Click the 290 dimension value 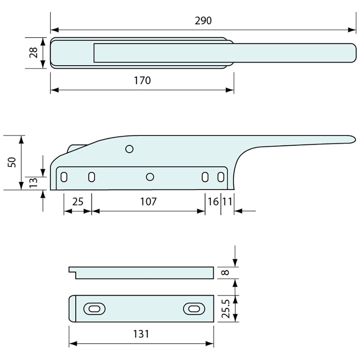click(x=203, y=21)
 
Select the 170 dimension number click(x=142, y=80)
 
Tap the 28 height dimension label click(x=34, y=52)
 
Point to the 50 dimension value click(x=12, y=162)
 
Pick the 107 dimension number click(x=149, y=202)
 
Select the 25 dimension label click(x=78, y=202)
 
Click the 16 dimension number click(x=213, y=202)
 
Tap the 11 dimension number click(x=227, y=202)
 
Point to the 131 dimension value click(x=141, y=334)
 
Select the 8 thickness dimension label click(x=226, y=273)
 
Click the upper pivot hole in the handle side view click(x=130, y=149)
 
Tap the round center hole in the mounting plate click(x=150, y=177)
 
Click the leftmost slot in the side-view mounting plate click(x=64, y=177)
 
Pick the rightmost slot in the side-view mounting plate click(x=221, y=177)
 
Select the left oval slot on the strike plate click(x=95, y=309)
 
